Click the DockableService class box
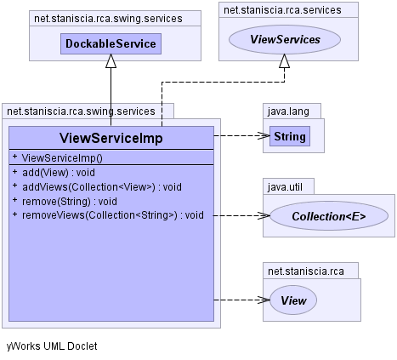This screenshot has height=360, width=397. tap(111, 43)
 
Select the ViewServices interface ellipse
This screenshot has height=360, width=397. tap(285, 39)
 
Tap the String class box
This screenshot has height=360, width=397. tap(290, 136)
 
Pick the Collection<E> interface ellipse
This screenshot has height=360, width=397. tap(329, 216)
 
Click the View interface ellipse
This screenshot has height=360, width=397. tap(293, 300)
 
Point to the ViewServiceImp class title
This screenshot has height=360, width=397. tap(111, 138)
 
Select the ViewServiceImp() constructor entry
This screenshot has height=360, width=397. tap(62, 158)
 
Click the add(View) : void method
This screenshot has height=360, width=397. tap(59, 173)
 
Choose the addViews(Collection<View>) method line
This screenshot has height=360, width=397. tap(102, 187)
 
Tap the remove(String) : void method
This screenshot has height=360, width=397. tap(70, 202)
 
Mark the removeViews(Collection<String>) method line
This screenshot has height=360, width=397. tap(113, 215)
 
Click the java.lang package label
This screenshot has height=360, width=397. tap(288, 111)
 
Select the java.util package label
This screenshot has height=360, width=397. tap(285, 187)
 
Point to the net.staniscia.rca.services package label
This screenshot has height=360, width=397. tap(282, 10)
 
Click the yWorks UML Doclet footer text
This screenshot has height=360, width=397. tap(52, 346)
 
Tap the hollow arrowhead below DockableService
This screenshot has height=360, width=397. tap(111, 61)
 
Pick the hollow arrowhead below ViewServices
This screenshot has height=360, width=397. tap(284, 61)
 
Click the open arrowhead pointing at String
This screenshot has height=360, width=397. tap(264, 135)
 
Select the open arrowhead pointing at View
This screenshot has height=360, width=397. tap(264, 300)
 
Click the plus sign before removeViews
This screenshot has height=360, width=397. tap(15, 214)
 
